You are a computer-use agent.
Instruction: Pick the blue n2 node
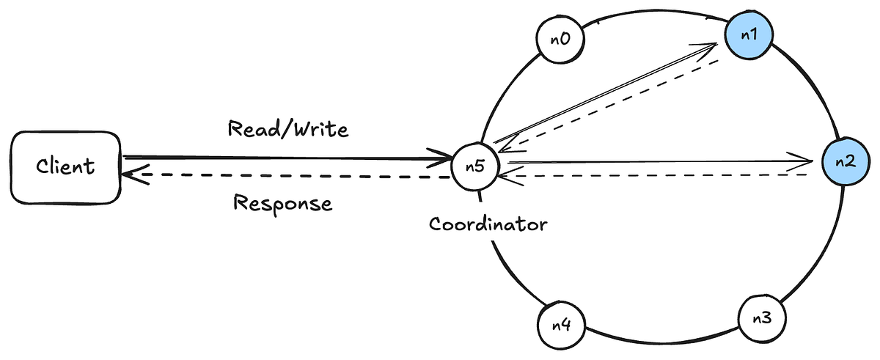(844, 161)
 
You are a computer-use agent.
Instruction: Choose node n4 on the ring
(561, 324)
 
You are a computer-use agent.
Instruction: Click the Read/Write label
(287, 130)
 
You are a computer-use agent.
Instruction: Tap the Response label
(282, 202)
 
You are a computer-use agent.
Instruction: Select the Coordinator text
(488, 224)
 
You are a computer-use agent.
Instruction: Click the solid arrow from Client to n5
(286, 158)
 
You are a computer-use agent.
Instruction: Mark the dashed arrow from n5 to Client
(286, 176)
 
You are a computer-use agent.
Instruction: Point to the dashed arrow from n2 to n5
(660, 175)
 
